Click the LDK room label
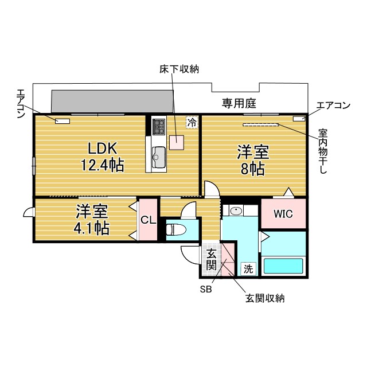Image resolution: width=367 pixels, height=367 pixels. pos(102,148)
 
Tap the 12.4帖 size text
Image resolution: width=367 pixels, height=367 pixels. pos(103,165)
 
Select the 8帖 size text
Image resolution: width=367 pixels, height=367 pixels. pos(253,169)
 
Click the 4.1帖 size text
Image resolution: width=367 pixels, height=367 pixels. pos(92,228)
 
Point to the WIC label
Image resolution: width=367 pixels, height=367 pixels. pos(283,214)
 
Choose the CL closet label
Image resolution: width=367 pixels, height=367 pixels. pos(149,220)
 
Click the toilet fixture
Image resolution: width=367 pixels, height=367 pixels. pos(176,229)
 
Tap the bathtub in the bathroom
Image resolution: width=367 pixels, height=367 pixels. pos(283,266)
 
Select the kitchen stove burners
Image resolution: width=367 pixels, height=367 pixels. pos(159,127)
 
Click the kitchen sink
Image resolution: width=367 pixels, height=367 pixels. pos(159,157)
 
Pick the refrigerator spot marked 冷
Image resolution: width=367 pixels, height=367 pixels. pos(192,122)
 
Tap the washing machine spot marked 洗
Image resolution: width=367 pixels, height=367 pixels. pos(248,269)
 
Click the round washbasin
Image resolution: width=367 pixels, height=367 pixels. pos(236,211)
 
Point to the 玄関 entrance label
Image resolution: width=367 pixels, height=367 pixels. pos(212,260)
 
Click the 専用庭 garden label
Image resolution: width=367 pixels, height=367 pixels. pos(239,103)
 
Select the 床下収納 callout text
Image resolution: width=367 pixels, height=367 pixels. pos(179,69)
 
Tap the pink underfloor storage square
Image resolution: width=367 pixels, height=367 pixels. pos(177,143)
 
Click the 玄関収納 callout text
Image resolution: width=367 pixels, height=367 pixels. pos(265,298)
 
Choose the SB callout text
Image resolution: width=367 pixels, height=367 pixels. pos(206,290)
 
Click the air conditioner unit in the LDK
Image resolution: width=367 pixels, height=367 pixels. pos(63,121)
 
